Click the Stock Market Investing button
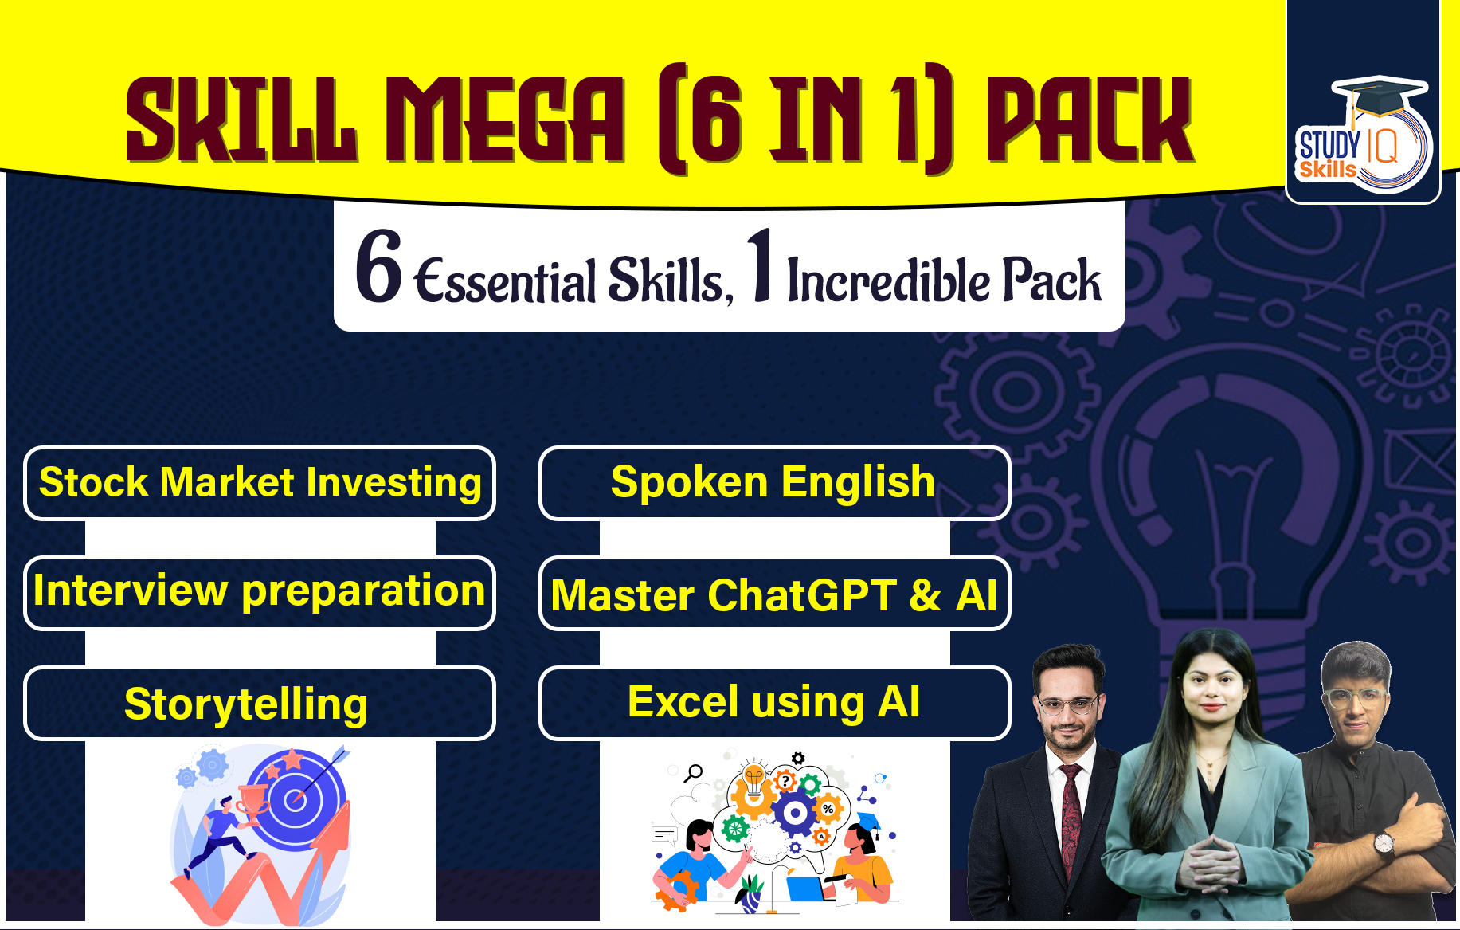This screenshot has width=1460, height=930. (260, 483)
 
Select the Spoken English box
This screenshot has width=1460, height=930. (774, 483)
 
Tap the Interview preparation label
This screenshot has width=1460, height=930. (260, 592)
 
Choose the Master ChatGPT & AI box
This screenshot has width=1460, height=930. (774, 594)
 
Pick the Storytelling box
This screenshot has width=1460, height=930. (260, 704)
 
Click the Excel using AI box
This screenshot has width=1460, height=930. (774, 703)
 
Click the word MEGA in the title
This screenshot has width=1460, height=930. (505, 120)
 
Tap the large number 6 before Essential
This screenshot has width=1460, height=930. (379, 267)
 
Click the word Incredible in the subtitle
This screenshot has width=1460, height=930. (889, 281)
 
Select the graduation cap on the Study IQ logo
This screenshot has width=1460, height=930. (1379, 94)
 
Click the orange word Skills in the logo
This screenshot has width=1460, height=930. (1327, 169)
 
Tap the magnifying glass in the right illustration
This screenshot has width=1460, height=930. (695, 771)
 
